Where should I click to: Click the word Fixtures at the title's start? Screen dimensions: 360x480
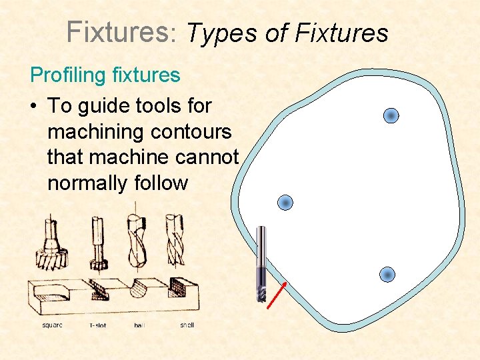coord(118,31)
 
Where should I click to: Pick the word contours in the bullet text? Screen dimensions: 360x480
coord(194,132)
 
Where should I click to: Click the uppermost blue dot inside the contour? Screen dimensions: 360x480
coord(391,116)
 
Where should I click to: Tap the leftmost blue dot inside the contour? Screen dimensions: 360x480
coord(285,202)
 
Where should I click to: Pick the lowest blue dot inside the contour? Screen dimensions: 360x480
coord(387,274)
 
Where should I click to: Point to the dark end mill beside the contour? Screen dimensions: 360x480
coord(261,263)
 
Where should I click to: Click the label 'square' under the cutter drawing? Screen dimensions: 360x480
coord(53,325)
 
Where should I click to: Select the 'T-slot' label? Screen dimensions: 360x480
coord(97,325)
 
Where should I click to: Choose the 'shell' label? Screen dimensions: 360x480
coord(187,325)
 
